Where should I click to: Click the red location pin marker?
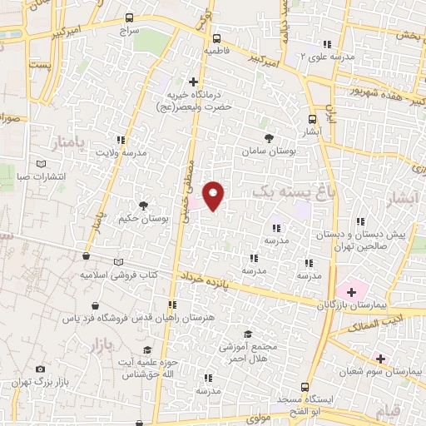[x=214, y=196]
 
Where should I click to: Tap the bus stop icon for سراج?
[x=128, y=17]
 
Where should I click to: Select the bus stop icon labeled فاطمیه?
[x=216, y=37]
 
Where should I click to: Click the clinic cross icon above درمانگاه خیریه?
[x=193, y=82]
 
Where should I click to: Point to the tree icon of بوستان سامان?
[x=267, y=138]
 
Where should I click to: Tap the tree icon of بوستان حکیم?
[x=143, y=205]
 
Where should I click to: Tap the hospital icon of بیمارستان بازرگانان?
[x=351, y=291]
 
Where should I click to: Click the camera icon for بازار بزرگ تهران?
[x=40, y=369]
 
